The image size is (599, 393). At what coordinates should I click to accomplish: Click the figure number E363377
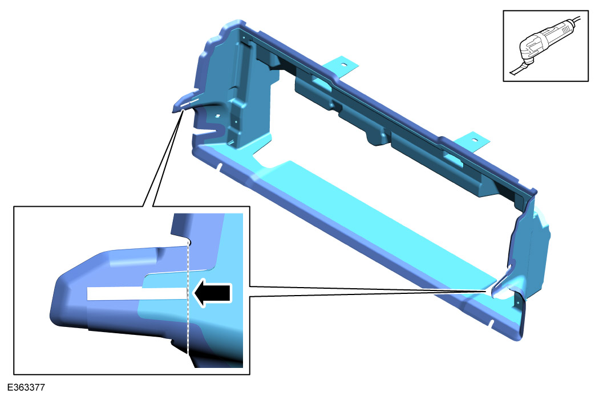[x=26, y=387]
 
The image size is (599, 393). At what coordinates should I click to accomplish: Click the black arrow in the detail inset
[x=212, y=294]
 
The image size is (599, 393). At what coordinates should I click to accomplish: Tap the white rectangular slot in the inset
[x=137, y=294]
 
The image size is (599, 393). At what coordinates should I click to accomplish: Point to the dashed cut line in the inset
[x=188, y=298]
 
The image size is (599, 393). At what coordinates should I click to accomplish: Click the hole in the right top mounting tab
[x=475, y=140]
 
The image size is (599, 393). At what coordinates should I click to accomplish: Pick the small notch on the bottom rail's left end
[x=220, y=167]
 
